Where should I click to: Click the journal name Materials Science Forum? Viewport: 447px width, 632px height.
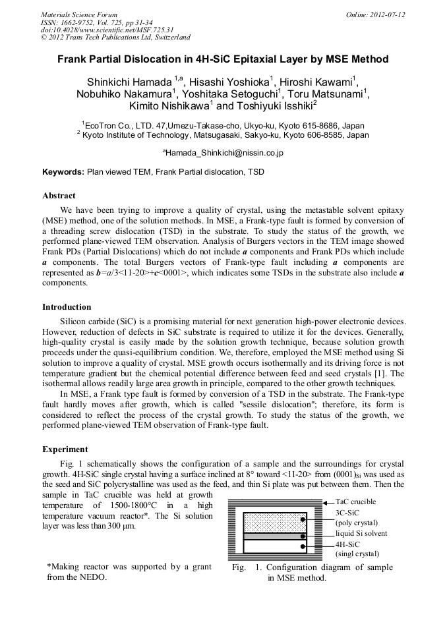coord(79,14)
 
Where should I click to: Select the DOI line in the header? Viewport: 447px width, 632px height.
coord(107,30)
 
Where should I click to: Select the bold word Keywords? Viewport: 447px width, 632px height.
coord(63,172)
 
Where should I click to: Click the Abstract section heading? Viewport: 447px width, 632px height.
coord(59,196)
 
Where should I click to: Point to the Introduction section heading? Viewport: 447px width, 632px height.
coord(67,306)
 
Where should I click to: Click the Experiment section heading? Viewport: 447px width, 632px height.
coord(65,449)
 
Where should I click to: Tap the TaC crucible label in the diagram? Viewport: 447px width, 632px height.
coord(357,502)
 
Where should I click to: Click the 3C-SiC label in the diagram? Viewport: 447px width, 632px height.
coord(347,512)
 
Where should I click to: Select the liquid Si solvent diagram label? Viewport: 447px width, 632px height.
coord(361,533)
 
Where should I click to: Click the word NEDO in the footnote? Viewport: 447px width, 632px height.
coord(94,577)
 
